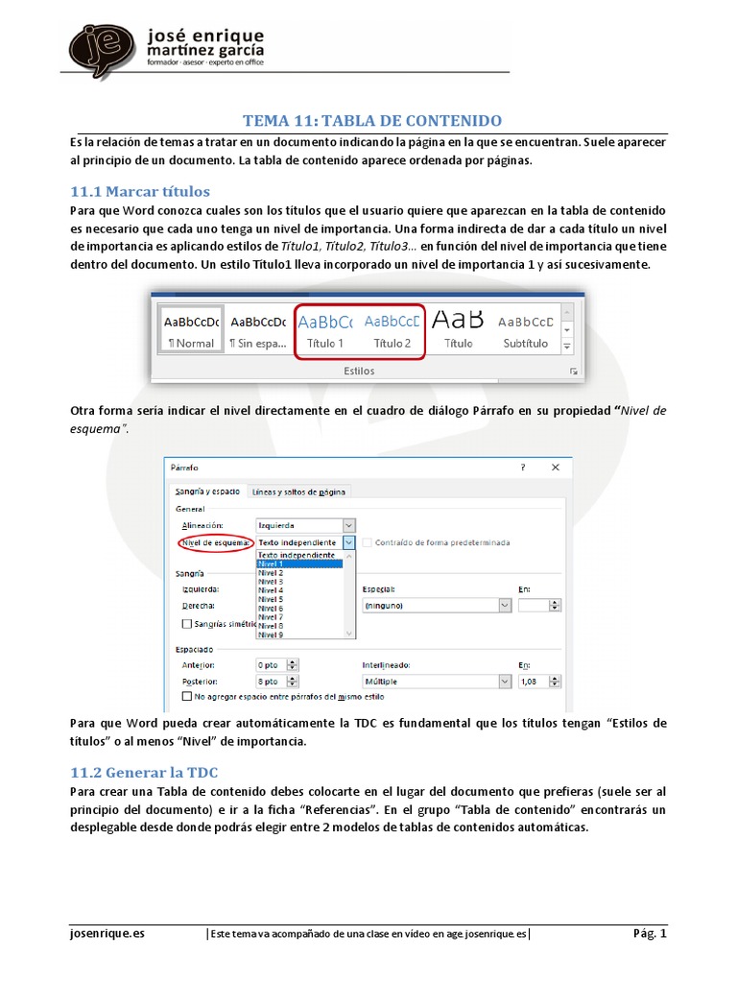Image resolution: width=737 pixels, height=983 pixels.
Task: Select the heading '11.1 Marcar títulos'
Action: pos(140,190)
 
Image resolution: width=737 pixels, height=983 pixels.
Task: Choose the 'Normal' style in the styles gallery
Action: pos(190,331)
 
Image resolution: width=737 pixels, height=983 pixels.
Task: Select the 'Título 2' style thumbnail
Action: pos(392,331)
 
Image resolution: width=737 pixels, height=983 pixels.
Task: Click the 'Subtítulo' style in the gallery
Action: pos(524,331)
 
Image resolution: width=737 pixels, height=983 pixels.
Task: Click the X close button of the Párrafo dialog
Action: pos(555,468)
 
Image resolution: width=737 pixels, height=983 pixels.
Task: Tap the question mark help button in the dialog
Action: pos(523,468)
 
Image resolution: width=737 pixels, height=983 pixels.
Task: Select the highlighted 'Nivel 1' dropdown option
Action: pos(299,563)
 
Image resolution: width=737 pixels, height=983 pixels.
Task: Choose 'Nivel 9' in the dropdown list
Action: pos(299,635)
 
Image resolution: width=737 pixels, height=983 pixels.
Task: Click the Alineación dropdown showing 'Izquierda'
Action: pos(305,525)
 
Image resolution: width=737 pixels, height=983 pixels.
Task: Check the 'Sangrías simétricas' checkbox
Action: pos(186,623)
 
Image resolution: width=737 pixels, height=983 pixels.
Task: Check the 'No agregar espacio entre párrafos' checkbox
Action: pos(186,696)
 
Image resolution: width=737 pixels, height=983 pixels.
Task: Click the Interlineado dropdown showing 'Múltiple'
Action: pos(435,681)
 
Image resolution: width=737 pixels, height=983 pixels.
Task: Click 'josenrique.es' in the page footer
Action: pos(107,933)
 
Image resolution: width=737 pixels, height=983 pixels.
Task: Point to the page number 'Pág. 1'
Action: pos(649,933)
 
